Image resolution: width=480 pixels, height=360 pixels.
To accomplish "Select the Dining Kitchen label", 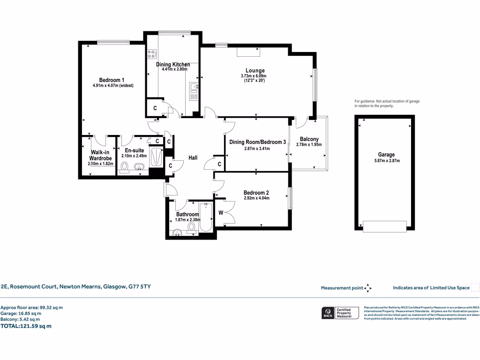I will pyautogui.click(x=173, y=64).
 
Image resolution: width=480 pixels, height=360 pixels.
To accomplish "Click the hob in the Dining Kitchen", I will pyautogui.click(x=152, y=55).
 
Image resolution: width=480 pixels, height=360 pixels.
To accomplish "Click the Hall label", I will pyautogui.click(x=193, y=158).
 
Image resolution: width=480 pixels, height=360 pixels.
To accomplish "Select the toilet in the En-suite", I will pyautogui.click(x=125, y=167).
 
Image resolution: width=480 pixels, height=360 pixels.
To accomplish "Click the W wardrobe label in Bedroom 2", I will pyautogui.click(x=221, y=213).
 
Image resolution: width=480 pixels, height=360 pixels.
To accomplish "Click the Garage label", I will pyautogui.click(x=386, y=155).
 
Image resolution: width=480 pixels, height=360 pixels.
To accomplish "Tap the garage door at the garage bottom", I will pyautogui.click(x=385, y=226).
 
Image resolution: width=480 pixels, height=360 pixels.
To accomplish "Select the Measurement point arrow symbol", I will pyautogui.click(x=368, y=288).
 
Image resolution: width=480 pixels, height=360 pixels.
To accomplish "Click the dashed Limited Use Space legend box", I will pyautogui.click(x=475, y=288).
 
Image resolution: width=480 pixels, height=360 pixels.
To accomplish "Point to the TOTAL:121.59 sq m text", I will pyautogui.click(x=26, y=326).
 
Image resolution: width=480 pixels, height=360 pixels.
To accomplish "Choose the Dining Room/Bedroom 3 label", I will pyautogui.click(x=257, y=142).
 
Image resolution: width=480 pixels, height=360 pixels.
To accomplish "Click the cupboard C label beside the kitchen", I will pyautogui.click(x=155, y=108).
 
